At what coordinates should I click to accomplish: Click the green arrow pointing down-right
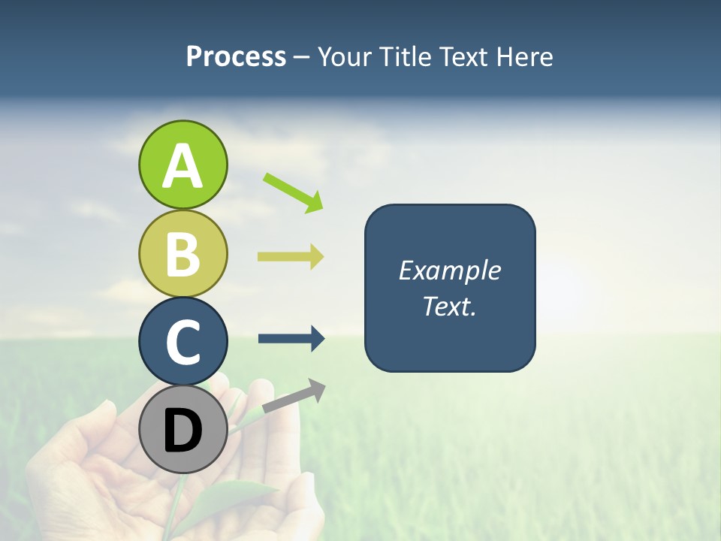pyautogui.click(x=293, y=191)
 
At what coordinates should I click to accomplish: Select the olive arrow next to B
pyautogui.click(x=291, y=256)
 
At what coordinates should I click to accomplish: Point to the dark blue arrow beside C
pyautogui.click(x=291, y=338)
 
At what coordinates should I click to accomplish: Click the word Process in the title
pyautogui.click(x=236, y=56)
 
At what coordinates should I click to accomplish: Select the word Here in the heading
pyautogui.click(x=525, y=56)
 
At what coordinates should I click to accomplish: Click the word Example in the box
pyautogui.click(x=449, y=270)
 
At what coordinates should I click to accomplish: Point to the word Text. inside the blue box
pyautogui.click(x=449, y=306)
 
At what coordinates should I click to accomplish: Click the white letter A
pyautogui.click(x=183, y=166)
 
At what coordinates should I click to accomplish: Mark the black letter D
pyautogui.click(x=183, y=431)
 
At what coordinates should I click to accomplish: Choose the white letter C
pyautogui.click(x=183, y=342)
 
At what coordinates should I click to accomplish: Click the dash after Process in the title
pyautogui.click(x=302, y=57)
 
